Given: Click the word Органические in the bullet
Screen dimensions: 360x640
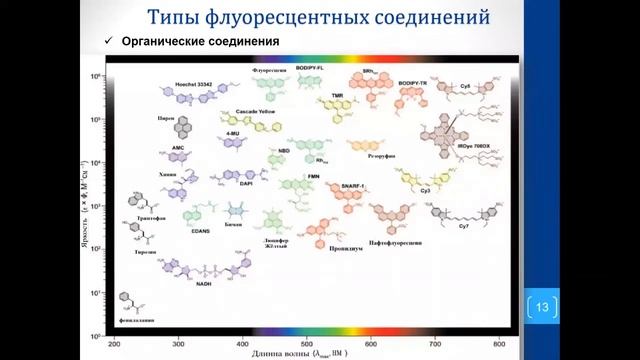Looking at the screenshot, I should pos(166,41).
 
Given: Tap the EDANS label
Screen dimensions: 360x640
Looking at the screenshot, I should pos(200,230).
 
